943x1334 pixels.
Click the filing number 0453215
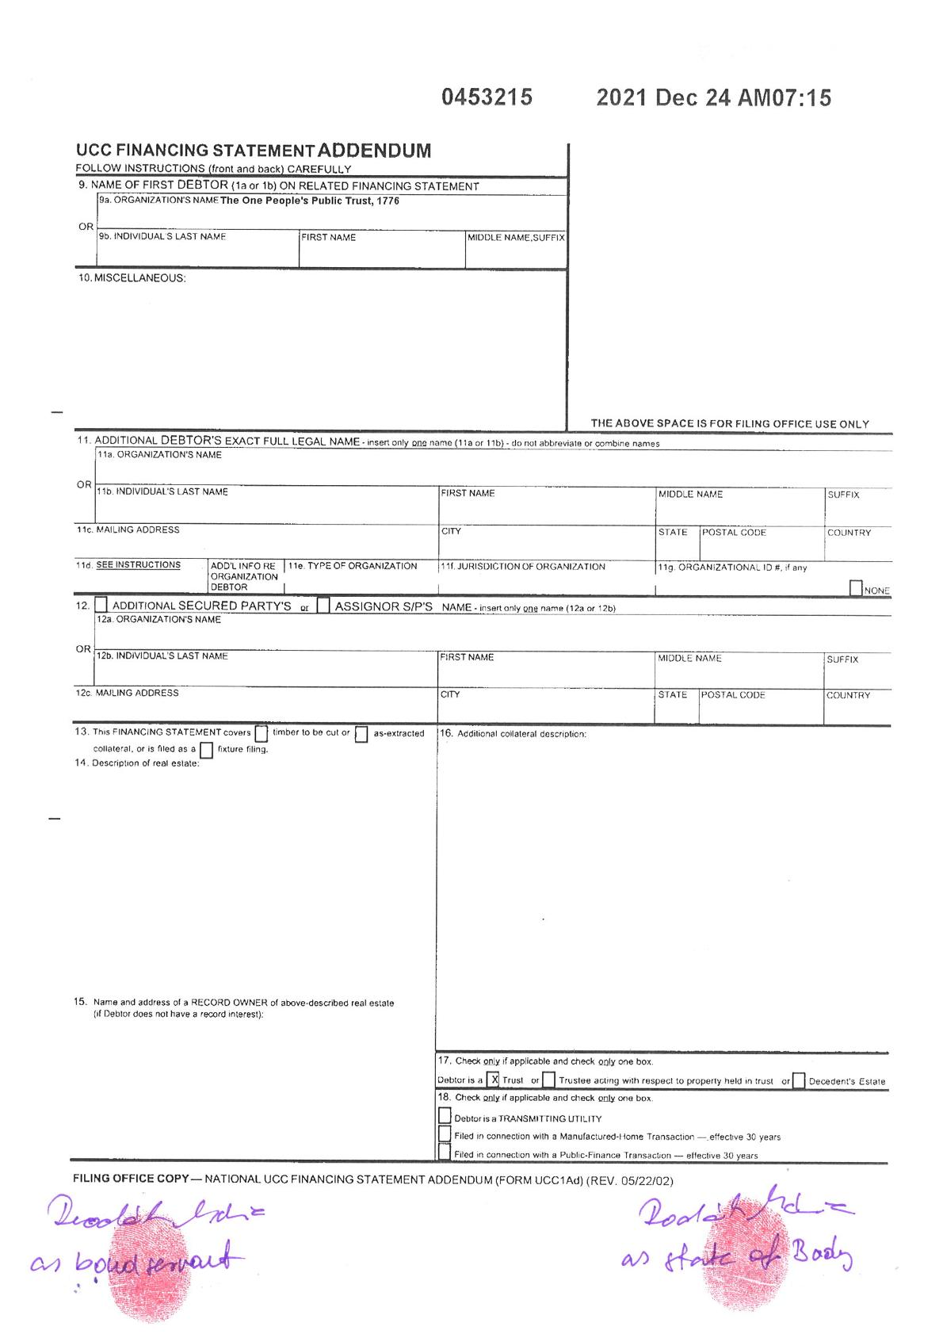coord(487,97)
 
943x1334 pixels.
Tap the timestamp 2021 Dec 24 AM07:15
coord(713,97)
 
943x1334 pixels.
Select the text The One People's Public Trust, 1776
coord(310,201)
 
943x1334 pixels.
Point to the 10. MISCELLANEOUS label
coord(132,278)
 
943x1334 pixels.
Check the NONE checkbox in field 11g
coord(856,589)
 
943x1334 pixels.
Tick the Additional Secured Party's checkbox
coord(101,606)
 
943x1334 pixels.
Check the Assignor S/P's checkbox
coord(323,606)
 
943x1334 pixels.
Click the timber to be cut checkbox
coord(262,734)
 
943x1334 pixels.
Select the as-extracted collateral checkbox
coord(361,734)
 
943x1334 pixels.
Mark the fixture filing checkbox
coord(206,750)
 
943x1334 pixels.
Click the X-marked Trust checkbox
coord(494,1080)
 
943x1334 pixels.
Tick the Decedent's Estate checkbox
coord(799,1080)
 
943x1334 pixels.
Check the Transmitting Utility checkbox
coord(445,1116)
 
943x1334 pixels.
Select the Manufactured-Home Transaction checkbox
coord(445,1134)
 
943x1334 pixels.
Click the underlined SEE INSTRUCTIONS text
coord(139,565)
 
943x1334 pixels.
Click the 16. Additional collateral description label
coord(513,734)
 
